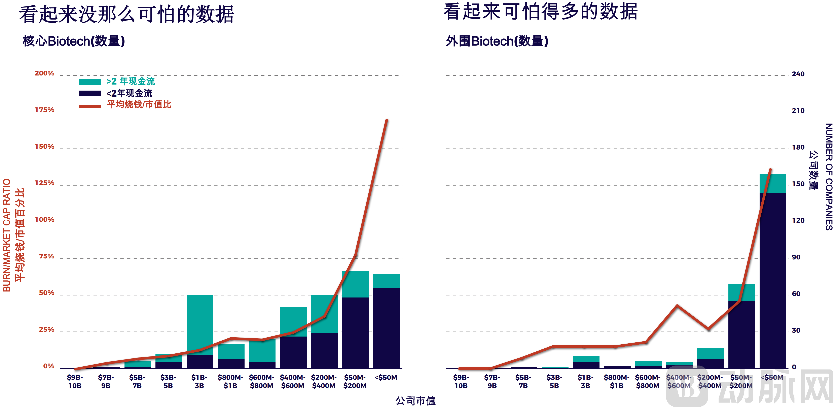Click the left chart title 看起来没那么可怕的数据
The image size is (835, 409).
126,15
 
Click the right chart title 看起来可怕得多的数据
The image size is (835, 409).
541,12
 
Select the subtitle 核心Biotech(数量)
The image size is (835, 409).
74,41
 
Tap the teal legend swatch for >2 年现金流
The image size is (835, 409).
90,82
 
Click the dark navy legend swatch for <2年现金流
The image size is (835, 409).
90,93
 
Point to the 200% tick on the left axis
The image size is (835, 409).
44,73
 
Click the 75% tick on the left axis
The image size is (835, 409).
46,256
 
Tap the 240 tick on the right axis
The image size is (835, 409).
798,74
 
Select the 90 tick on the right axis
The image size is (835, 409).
796,257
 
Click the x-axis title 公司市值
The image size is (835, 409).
415,401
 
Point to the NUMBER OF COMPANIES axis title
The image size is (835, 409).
829,177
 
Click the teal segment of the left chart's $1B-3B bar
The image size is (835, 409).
200,324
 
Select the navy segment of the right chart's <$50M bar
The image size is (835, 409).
773,279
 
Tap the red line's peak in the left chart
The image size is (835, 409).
386,120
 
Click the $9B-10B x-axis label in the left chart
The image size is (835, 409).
75,381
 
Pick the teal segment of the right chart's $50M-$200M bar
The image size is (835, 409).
742,293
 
